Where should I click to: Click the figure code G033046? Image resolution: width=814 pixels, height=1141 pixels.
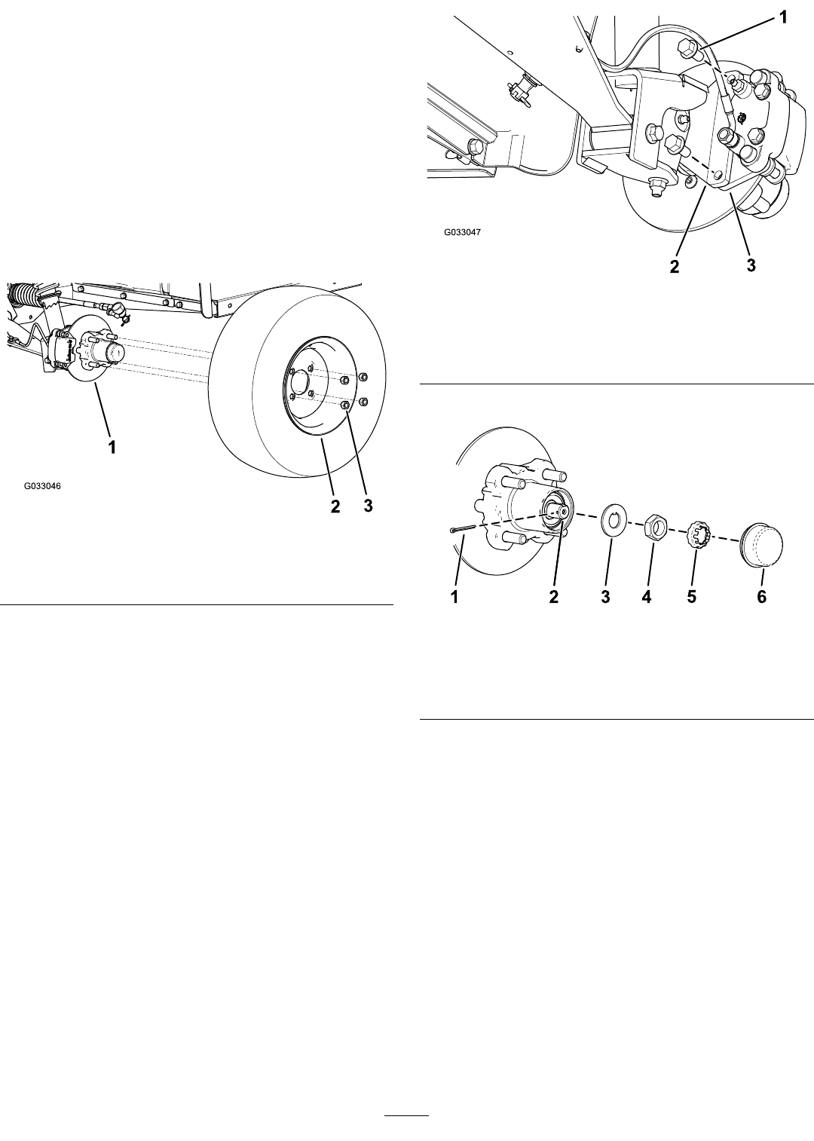tap(42, 486)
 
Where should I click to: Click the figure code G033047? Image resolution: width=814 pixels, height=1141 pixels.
tap(462, 232)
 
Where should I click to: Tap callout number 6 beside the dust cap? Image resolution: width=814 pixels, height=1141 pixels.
tap(761, 597)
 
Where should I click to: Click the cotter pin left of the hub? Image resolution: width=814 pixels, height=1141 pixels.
tap(463, 530)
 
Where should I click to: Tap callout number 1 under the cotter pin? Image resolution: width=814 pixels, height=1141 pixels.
tap(454, 597)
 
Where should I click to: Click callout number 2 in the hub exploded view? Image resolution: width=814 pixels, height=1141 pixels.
tap(553, 597)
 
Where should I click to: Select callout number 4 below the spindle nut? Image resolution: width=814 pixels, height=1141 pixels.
tap(646, 597)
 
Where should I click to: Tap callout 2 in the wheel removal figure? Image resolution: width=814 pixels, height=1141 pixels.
tap(335, 506)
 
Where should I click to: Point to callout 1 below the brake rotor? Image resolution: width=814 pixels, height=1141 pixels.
tap(112, 447)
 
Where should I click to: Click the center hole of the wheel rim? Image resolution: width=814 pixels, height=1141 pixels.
tap(299, 381)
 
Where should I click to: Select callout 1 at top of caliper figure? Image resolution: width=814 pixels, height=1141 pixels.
tap(783, 17)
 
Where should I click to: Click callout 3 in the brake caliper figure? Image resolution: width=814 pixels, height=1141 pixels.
tap(751, 265)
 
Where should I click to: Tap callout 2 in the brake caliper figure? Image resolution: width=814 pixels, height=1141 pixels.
tap(675, 266)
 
